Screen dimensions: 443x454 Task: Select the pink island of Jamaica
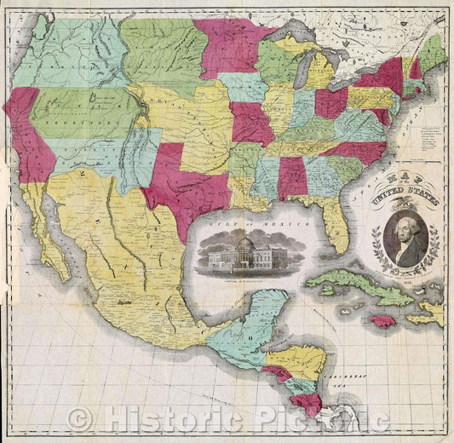[383, 322]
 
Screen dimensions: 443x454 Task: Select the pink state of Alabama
[291, 177]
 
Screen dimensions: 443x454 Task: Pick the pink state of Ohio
[330, 102]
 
